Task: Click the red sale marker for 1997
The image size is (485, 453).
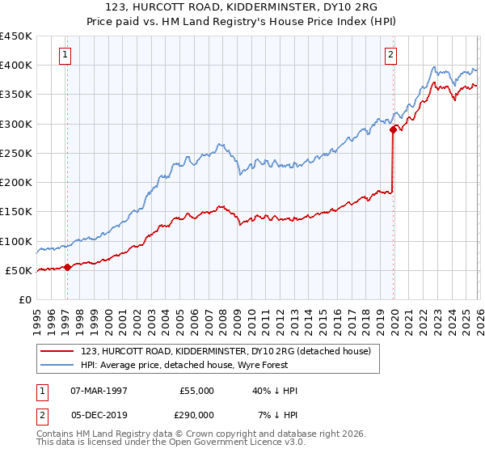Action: tap(67, 267)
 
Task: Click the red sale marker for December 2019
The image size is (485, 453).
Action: tap(393, 129)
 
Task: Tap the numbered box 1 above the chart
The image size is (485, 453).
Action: tap(64, 55)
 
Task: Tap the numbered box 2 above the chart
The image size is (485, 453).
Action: tap(390, 55)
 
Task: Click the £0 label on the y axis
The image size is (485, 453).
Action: tap(24, 299)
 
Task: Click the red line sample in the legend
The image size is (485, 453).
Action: tap(57, 351)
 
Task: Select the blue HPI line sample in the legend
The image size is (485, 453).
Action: tap(57, 364)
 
